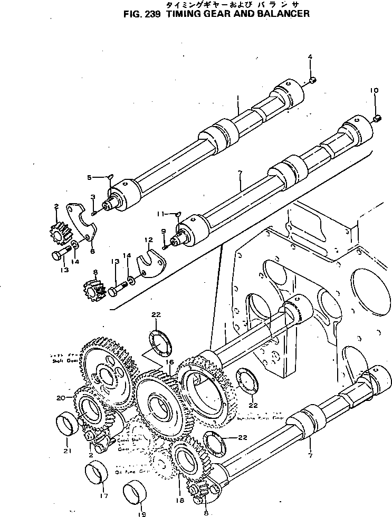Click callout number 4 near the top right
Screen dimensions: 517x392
310,56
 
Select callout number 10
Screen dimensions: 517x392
374,91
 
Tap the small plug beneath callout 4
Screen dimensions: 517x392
312,80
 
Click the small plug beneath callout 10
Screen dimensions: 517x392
377,118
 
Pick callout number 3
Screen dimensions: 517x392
92,197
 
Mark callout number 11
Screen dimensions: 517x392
159,214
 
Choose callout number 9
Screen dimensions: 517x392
164,231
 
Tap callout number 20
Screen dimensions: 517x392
59,397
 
